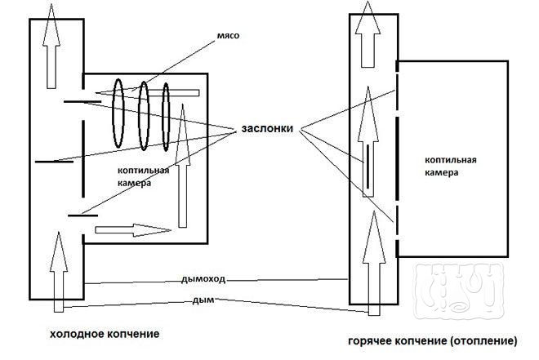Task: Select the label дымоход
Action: tap(203, 279)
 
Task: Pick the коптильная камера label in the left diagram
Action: tap(144, 176)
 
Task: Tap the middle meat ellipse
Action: tap(145, 116)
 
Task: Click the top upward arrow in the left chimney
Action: tap(53, 45)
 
